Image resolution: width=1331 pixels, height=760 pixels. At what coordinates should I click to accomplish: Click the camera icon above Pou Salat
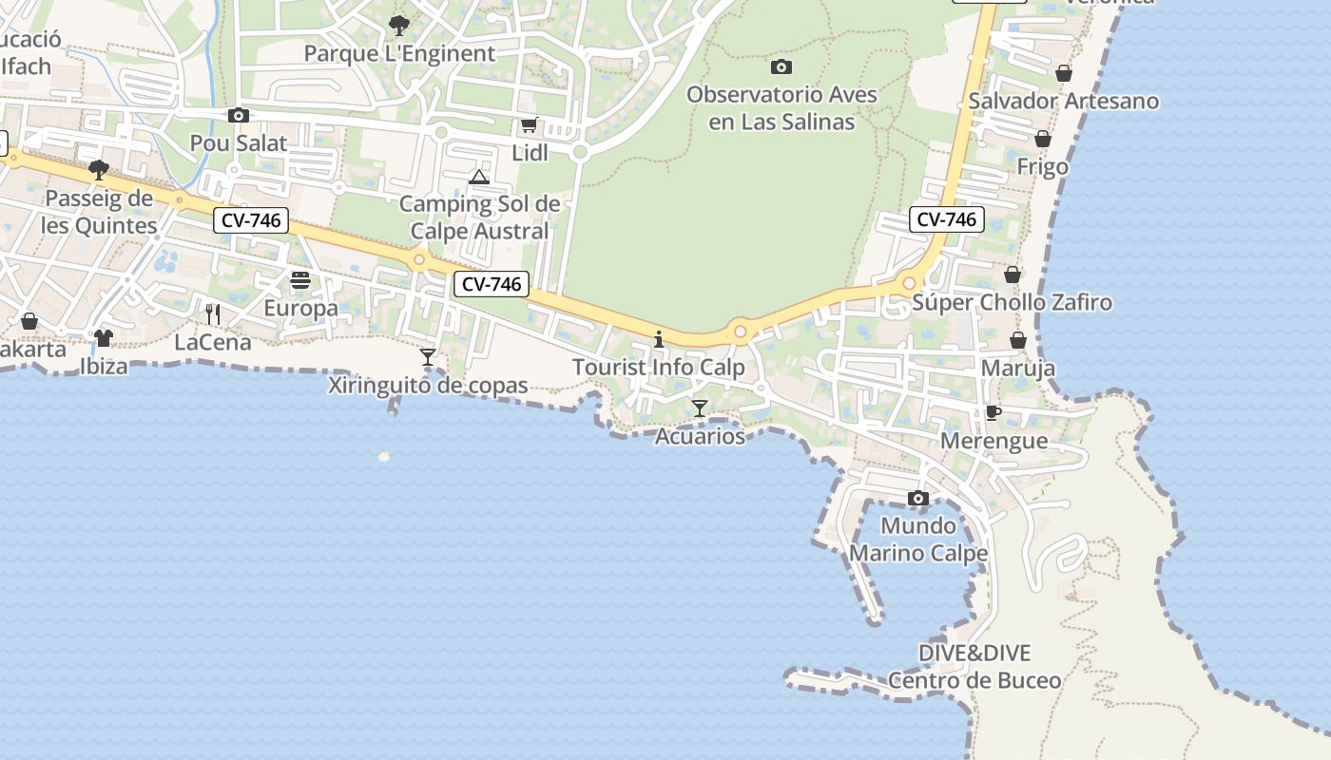tap(238, 116)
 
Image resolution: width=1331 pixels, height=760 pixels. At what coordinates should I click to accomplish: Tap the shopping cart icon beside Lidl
tap(530, 125)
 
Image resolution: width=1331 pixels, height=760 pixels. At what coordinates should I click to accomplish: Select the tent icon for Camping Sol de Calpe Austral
tap(479, 177)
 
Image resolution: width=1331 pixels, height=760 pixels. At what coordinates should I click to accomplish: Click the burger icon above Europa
tap(300, 280)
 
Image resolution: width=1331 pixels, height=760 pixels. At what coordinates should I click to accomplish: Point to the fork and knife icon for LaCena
tap(213, 313)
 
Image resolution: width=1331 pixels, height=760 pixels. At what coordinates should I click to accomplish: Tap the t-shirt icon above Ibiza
tap(104, 337)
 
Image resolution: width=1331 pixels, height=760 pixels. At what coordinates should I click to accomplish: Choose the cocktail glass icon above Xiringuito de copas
tap(428, 357)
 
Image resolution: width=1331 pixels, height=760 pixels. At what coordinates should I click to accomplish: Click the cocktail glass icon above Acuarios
tap(700, 408)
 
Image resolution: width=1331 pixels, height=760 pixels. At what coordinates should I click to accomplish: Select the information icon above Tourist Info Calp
tap(658, 339)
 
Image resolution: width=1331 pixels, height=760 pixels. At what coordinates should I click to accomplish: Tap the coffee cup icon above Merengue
tap(993, 412)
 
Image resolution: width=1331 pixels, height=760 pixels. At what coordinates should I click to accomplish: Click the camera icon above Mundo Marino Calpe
tap(917, 498)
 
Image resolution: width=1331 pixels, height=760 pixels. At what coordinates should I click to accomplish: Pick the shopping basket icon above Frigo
tap(1043, 140)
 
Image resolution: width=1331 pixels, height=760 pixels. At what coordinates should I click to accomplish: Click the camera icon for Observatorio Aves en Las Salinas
tap(781, 66)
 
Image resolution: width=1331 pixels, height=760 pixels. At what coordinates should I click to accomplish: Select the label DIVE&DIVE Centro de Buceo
tap(974, 667)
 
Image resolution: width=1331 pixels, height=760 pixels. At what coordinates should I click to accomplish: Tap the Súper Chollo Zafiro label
tap(1012, 303)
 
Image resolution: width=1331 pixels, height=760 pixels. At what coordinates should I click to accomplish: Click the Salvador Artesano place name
tap(1064, 101)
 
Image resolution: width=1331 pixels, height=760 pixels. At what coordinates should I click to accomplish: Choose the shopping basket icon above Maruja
tap(1018, 340)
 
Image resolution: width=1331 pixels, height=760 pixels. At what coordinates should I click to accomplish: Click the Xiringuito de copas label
tap(428, 386)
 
